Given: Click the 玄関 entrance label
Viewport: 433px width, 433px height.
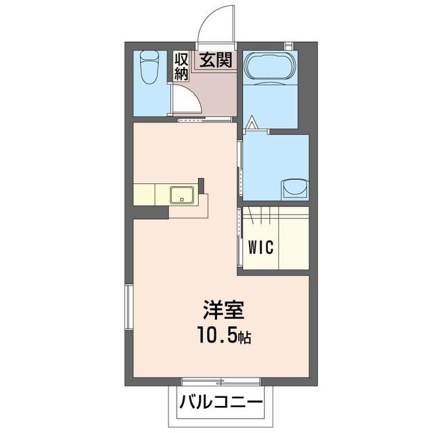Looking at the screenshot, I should click(215, 60).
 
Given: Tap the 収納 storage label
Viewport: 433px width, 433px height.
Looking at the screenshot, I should click(181, 66).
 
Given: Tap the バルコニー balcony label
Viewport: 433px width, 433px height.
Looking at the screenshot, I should click(221, 403).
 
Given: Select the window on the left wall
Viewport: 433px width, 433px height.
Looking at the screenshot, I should click(128, 308).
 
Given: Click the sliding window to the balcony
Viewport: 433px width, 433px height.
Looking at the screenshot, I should click(211, 381).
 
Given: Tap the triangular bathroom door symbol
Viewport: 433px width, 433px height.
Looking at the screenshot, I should click(252, 124).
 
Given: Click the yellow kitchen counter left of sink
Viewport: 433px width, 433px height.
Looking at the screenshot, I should click(150, 193).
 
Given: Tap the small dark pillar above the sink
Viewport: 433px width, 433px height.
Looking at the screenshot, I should click(200, 184).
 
